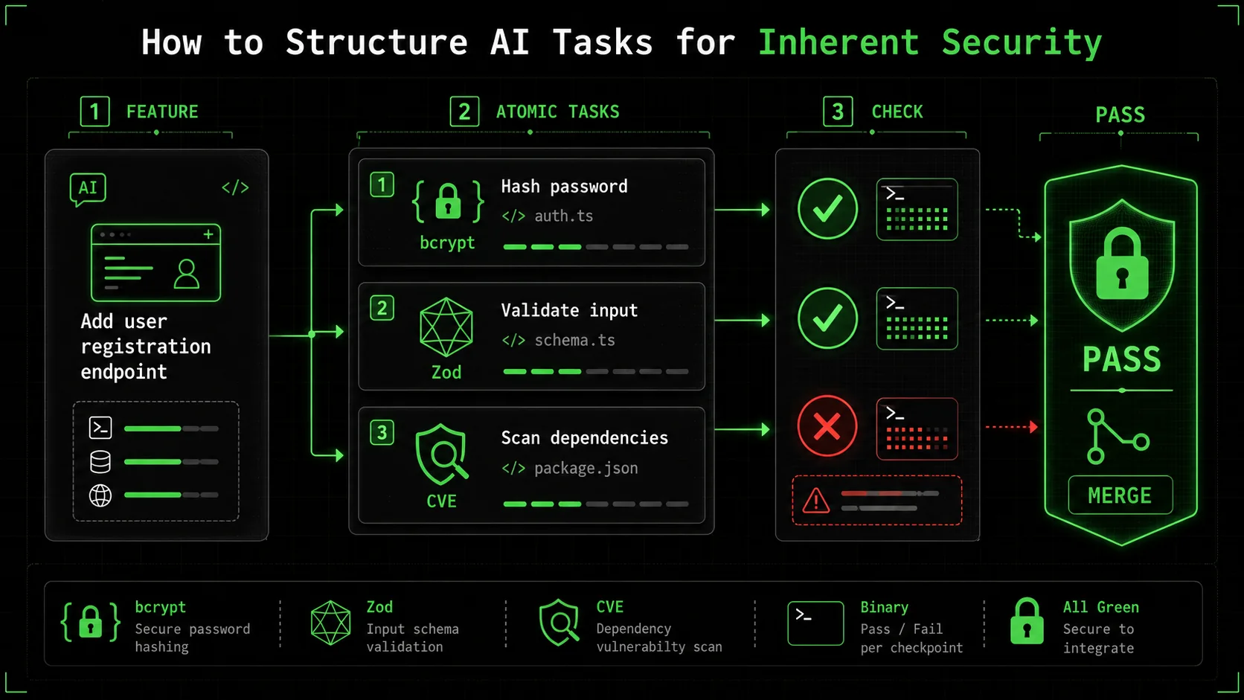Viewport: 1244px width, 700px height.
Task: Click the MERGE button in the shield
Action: coord(1120,495)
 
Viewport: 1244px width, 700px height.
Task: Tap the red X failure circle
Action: coord(827,426)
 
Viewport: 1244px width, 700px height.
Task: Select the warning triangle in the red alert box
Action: coord(816,501)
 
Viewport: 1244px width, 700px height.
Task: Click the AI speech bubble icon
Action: coord(88,189)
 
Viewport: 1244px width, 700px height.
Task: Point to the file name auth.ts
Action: coord(563,216)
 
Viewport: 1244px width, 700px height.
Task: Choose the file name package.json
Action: coord(586,469)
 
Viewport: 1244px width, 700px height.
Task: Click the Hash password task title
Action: coord(564,187)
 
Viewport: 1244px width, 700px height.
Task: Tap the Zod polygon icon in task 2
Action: coord(446,327)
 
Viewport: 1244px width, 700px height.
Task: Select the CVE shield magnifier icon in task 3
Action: coord(443,454)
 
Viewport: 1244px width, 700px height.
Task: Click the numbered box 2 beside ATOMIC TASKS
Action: coord(464,112)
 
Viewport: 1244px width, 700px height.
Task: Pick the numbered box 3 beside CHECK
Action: coord(838,112)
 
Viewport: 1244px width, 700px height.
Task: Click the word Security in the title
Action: coord(1022,42)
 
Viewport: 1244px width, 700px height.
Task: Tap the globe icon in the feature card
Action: coord(100,495)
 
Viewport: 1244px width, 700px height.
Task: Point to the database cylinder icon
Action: coord(100,462)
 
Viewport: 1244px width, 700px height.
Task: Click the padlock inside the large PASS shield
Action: coord(1122,265)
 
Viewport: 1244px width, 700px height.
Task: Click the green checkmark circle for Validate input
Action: coord(827,318)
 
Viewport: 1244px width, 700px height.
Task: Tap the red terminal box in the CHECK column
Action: coord(917,429)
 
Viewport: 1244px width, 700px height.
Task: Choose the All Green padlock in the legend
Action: coord(1027,622)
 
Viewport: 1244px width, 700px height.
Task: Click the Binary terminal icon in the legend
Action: coord(815,623)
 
